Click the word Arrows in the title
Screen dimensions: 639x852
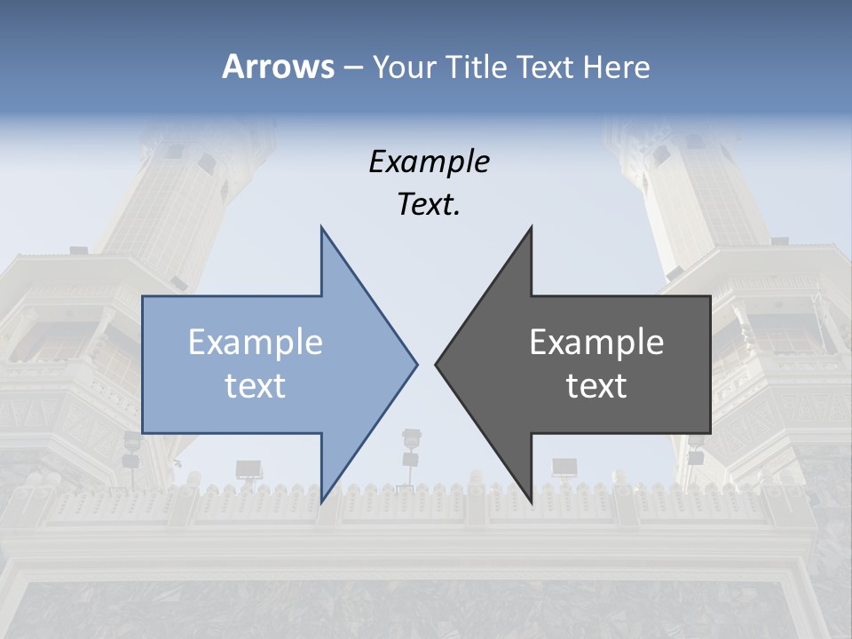[x=278, y=67]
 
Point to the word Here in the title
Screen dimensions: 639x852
[x=616, y=67]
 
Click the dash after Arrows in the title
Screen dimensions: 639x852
[x=353, y=67]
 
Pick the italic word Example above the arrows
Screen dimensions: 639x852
[x=430, y=162]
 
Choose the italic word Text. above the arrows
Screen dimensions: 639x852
[x=430, y=205]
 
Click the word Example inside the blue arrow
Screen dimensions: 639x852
[x=256, y=343]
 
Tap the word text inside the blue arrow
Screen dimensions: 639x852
[x=256, y=386]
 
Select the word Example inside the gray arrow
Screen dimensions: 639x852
[x=596, y=343]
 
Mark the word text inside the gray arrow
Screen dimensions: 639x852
[x=596, y=386]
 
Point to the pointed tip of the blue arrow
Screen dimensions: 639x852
[x=416, y=364]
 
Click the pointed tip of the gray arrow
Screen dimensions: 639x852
[x=436, y=364]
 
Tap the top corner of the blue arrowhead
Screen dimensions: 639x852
[x=321, y=227]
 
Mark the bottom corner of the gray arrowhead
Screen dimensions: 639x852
[x=531, y=502]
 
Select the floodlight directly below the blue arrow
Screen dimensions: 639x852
[x=248, y=470]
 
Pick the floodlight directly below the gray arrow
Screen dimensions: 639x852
[x=564, y=468]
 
